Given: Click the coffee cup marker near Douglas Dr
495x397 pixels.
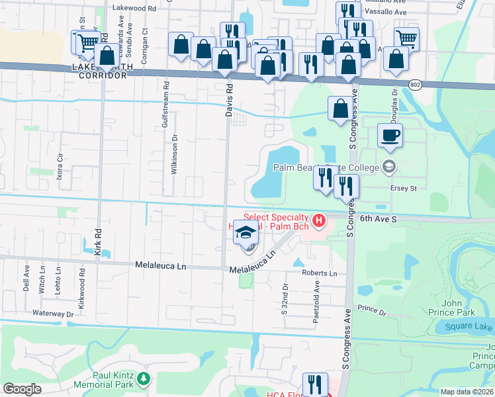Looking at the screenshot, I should click(390, 136).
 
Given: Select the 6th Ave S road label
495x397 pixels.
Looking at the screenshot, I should click(379, 218).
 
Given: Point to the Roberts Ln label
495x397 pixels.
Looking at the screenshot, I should click(319, 273).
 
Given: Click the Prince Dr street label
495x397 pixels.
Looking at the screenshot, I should click(371, 309).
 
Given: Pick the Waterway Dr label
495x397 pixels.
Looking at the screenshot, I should click(51, 312).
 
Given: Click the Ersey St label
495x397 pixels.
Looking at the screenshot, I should click(402, 188).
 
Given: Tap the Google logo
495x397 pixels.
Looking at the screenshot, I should click(22, 388).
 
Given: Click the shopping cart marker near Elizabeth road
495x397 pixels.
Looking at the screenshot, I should click(406, 38).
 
